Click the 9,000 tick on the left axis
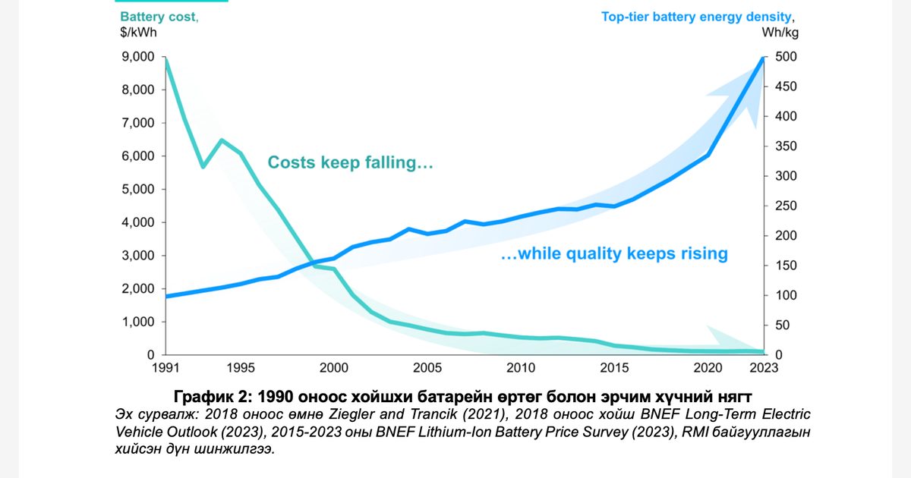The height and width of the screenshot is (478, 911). [138, 56]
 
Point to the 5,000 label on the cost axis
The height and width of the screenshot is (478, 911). [138, 189]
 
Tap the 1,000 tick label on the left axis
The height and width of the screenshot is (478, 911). [138, 322]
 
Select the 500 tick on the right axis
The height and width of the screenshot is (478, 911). [786, 56]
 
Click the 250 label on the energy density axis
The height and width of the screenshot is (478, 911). [786, 206]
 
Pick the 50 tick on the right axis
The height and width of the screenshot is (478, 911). [782, 325]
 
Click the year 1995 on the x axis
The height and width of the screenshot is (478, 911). [241, 368]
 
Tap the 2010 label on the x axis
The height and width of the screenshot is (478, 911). [521, 368]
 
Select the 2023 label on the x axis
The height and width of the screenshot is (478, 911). [764, 368]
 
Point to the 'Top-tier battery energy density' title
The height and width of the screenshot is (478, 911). [696, 17]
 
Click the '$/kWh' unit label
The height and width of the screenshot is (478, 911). [138, 32]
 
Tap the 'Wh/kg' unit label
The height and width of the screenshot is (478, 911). [780, 32]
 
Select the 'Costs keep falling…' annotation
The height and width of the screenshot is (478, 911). [350, 162]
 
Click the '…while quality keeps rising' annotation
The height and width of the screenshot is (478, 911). [614, 253]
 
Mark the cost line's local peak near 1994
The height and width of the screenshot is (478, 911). [222, 140]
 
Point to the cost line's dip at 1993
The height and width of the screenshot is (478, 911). [203, 167]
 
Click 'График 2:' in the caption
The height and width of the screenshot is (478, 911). [213, 396]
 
